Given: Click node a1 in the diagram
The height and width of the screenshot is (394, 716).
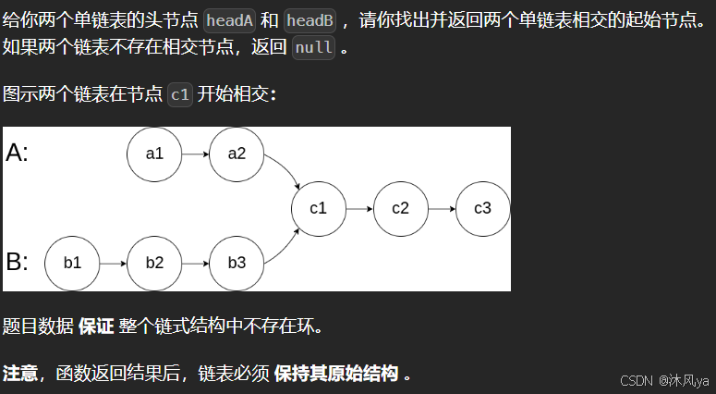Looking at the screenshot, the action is click(x=154, y=154).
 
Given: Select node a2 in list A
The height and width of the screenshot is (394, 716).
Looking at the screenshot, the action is click(x=237, y=154).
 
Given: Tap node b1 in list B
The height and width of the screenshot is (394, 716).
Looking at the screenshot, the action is click(x=72, y=263).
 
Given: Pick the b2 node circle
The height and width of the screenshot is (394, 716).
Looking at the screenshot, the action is click(x=154, y=263).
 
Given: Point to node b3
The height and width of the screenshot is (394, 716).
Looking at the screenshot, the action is click(x=237, y=263).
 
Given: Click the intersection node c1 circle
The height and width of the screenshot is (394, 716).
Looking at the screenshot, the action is click(x=319, y=208).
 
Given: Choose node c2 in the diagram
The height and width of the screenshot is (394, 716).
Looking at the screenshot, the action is click(x=400, y=208).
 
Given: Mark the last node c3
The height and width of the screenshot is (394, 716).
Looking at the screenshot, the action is click(x=482, y=208).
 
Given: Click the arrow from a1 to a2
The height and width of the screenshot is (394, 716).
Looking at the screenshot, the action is click(x=196, y=154).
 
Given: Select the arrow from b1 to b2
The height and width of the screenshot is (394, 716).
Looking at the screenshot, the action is click(x=114, y=263).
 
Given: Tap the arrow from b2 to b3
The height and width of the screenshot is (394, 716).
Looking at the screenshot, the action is click(x=196, y=263).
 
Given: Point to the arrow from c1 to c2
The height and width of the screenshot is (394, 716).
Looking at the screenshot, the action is click(x=359, y=208).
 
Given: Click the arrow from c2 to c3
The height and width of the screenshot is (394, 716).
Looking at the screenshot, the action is click(x=442, y=208).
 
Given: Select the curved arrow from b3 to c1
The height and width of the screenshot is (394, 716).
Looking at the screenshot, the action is click(x=283, y=246).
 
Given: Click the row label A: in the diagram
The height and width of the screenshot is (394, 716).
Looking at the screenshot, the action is click(x=18, y=154).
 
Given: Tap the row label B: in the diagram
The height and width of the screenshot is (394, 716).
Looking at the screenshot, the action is click(x=18, y=263).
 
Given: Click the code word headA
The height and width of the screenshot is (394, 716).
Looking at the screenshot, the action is click(x=229, y=21).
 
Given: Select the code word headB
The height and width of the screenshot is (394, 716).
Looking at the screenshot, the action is click(x=309, y=21).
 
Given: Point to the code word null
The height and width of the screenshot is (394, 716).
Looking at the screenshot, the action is click(x=313, y=48).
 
